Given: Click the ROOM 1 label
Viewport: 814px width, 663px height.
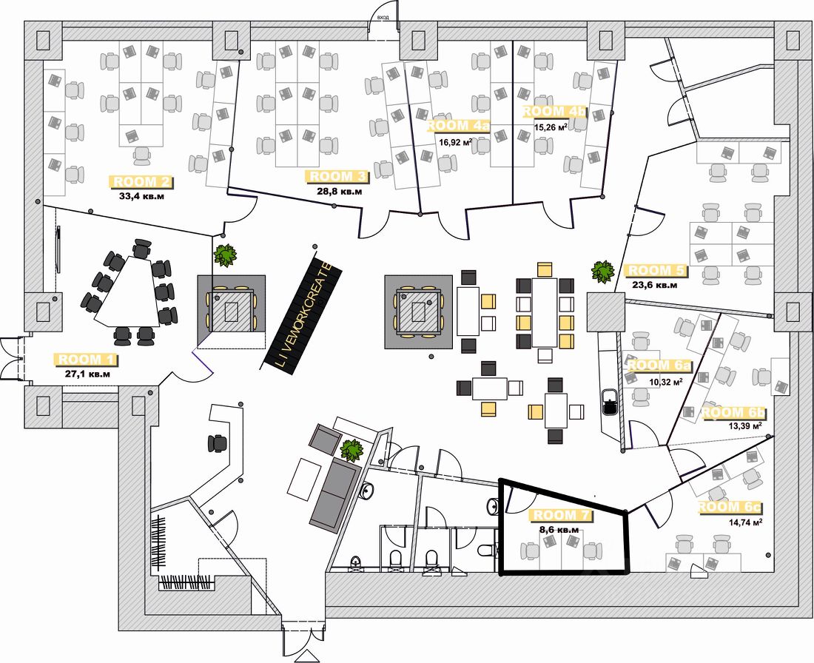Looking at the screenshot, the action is click(86, 360).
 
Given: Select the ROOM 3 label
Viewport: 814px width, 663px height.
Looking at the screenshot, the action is click(337, 177).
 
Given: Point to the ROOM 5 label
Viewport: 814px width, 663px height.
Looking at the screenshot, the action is click(656, 271).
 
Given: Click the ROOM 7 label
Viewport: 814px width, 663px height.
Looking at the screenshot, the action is click(565, 515).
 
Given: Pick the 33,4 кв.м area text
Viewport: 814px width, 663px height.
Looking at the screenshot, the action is click(144, 197).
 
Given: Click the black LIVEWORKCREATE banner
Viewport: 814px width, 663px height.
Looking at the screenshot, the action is click(302, 312).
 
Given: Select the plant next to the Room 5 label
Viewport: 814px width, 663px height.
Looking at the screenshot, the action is click(603, 271).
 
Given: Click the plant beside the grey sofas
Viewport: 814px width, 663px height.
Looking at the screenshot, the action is click(351, 450).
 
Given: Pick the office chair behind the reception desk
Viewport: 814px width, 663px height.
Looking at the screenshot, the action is click(218, 442).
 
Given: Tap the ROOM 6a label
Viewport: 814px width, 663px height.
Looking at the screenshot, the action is click(659, 365).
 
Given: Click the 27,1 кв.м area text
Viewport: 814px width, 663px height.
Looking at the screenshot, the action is click(87, 374).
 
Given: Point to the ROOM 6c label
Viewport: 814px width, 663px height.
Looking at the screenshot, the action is click(730, 508).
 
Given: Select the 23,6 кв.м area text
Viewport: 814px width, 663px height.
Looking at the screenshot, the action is click(653, 285).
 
